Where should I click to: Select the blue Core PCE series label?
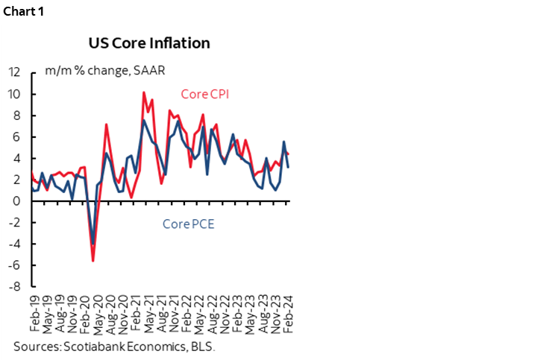[x=188, y=223]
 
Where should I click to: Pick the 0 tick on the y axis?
[x=16, y=201]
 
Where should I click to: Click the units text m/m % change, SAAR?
[x=104, y=71]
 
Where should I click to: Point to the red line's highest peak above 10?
[x=143, y=92]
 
